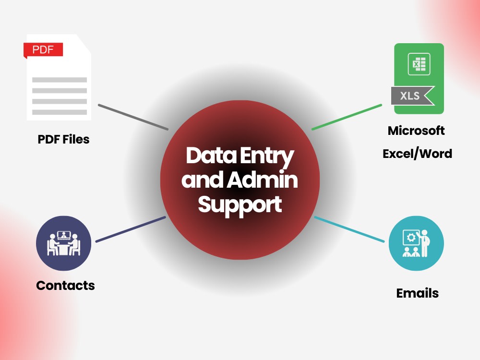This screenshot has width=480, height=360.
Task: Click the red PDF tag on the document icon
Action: click(43, 50)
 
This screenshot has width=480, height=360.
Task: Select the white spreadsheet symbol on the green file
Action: click(419, 64)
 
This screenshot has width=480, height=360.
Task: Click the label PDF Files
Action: click(63, 139)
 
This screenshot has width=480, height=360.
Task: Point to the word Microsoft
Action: click(416, 131)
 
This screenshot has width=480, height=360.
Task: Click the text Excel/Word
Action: click(417, 154)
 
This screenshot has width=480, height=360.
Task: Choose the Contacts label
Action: click(65, 286)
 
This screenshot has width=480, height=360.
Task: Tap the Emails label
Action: click(417, 293)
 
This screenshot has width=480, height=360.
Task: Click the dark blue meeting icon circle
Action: click(64, 243)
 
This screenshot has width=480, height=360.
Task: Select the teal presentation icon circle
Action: click(416, 243)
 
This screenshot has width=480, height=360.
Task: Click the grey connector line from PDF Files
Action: click(133, 117)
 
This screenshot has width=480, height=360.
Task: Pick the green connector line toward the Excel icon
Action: click(347, 117)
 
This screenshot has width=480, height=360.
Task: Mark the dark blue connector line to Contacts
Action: click(131, 229)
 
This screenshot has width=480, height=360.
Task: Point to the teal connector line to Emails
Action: click(349, 229)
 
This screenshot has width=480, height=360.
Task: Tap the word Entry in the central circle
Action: click(267, 157)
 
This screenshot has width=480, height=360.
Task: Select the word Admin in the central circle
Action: click(263, 180)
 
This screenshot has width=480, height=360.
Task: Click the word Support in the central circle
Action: click(240, 205)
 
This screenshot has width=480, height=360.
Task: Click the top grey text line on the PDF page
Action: click(60, 80)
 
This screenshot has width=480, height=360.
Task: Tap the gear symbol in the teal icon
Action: click(410, 238)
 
